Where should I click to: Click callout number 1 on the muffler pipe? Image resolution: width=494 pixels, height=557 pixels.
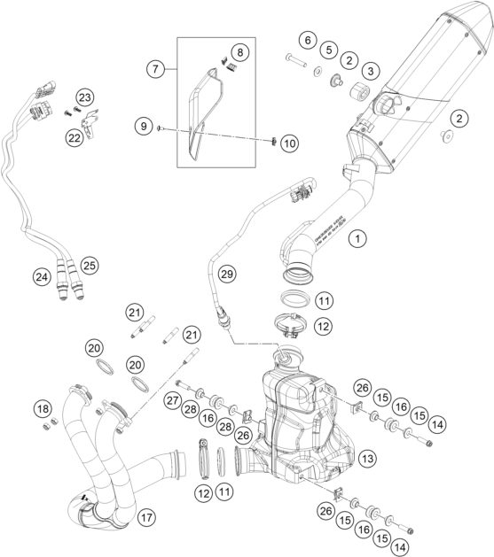pyautogui.click(x=357, y=238)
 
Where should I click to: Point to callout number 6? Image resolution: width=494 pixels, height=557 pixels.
pyautogui.click(x=307, y=39)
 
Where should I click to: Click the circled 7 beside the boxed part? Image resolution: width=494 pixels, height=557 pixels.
pyautogui.click(x=155, y=68)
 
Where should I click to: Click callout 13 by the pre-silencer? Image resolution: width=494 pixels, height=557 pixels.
pyautogui.click(x=367, y=458)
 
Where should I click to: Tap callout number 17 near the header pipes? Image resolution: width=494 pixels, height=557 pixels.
pyautogui.click(x=145, y=515)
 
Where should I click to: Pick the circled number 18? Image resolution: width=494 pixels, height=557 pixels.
pyautogui.click(x=41, y=408)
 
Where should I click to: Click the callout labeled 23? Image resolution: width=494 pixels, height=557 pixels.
pyautogui.click(x=84, y=97)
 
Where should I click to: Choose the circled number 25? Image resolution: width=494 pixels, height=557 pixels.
pyautogui.click(x=88, y=265)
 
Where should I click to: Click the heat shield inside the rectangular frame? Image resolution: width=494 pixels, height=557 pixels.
pyautogui.click(x=203, y=106)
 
